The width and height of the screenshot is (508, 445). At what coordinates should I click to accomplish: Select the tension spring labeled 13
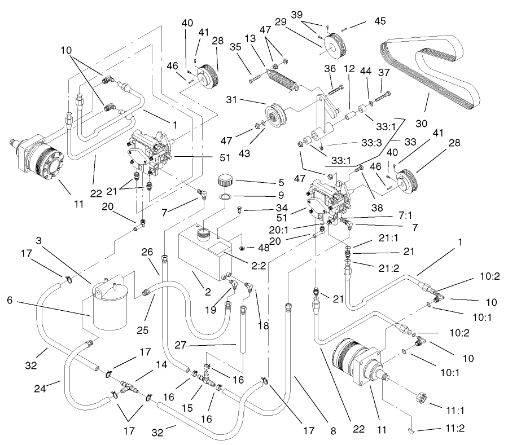coord(282,81)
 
